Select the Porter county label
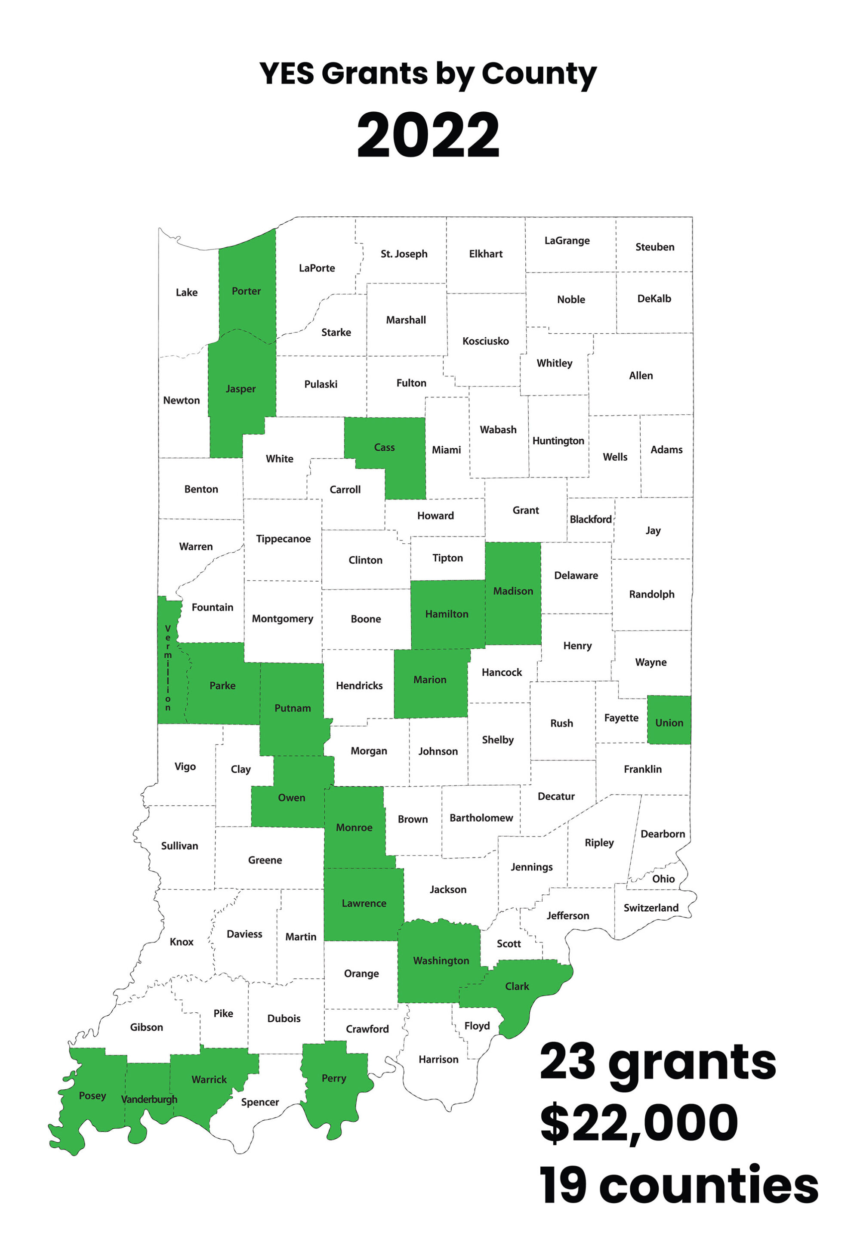(246, 291)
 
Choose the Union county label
(669, 723)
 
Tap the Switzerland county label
(651, 907)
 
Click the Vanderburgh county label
(149, 1099)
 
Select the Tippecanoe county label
(283, 539)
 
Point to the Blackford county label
(591, 519)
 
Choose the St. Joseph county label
(404, 254)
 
